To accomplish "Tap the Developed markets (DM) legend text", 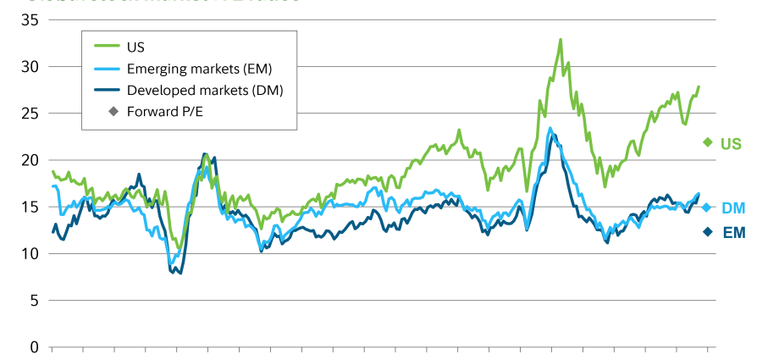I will (x=203, y=90).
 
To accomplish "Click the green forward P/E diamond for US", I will (x=707, y=142).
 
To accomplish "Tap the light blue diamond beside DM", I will (x=707, y=207).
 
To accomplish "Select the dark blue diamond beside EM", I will (x=707, y=231).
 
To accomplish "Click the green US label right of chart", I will (x=731, y=144).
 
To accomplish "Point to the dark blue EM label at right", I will (x=733, y=232).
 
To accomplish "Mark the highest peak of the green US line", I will (x=561, y=39).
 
